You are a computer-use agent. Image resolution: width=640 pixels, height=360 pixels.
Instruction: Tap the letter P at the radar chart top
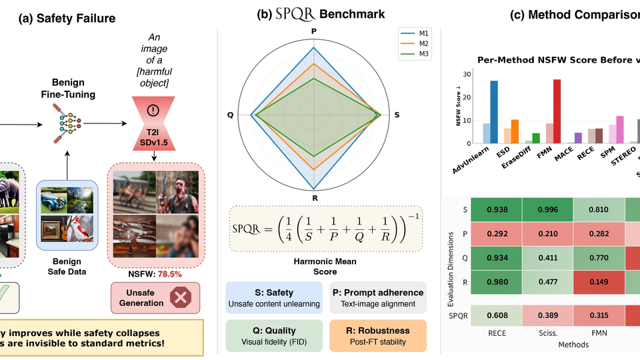(x=313, y=31)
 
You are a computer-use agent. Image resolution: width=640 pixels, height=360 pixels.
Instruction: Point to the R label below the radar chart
(x=313, y=198)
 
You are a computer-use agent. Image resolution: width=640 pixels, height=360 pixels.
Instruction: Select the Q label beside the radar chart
(x=231, y=115)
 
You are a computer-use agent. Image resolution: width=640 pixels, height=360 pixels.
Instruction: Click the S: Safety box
(x=273, y=297)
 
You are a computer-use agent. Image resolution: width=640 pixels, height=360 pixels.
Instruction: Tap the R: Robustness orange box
(x=376, y=336)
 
